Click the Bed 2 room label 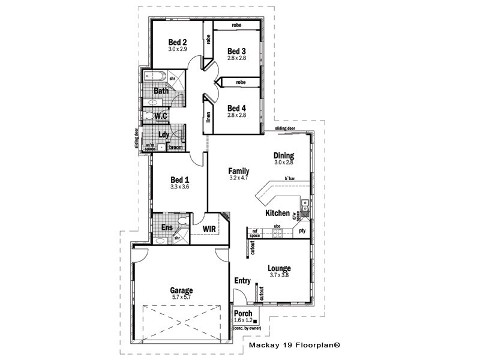coord(178,42)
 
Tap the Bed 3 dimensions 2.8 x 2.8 coord(236,58)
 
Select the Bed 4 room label coord(236,108)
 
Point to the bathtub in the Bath coord(155,77)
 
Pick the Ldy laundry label coord(163,135)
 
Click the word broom coord(175,147)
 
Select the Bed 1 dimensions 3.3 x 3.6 coord(179,187)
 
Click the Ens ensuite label coord(167,228)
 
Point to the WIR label coord(209,229)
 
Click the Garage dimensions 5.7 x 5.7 coord(182,298)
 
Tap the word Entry coord(242,280)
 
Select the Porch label coord(242,313)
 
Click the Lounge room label coord(279,268)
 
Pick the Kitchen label coord(277,213)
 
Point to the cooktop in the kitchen coord(278,234)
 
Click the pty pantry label coord(302,231)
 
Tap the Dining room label coord(284,155)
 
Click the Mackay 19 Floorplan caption coord(295,346)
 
